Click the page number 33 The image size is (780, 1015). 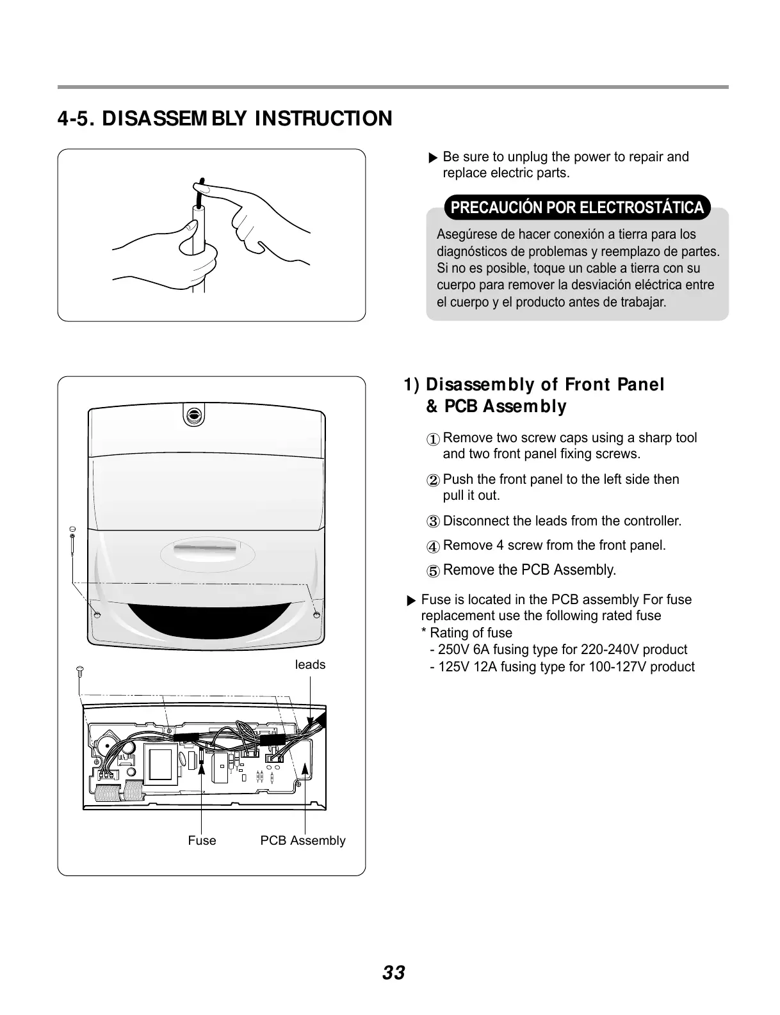click(x=393, y=973)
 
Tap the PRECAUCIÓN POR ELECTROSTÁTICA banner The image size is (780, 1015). click(x=577, y=207)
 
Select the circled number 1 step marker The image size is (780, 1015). click(x=434, y=440)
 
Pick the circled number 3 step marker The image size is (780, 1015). click(x=434, y=522)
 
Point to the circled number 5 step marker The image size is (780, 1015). click(x=434, y=571)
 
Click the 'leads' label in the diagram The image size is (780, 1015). click(x=310, y=665)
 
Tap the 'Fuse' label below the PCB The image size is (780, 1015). click(x=202, y=841)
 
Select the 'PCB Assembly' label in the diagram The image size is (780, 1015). click(x=302, y=841)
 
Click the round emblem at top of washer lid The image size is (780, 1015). click(x=193, y=415)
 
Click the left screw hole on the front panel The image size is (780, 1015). click(x=97, y=614)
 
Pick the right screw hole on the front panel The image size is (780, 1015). click(x=316, y=614)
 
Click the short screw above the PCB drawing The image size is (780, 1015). click(x=79, y=671)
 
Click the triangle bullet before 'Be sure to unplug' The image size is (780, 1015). click(x=433, y=158)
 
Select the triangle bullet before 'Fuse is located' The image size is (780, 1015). click(x=411, y=601)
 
